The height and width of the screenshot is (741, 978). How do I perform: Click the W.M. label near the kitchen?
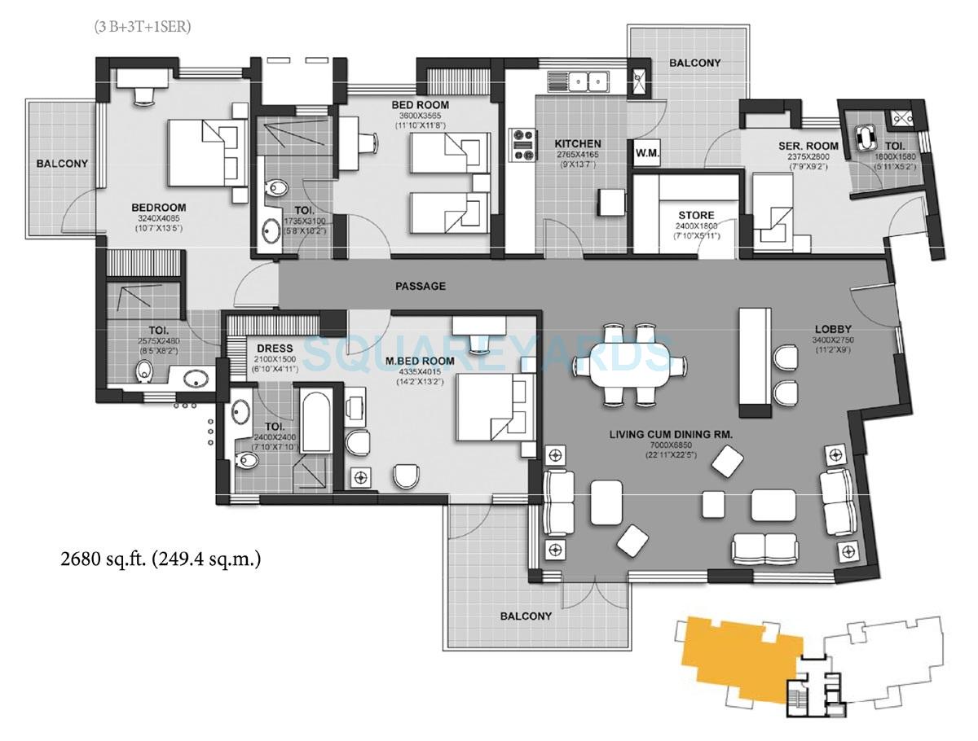pos(648,154)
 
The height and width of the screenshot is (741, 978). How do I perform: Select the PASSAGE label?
pos(420,286)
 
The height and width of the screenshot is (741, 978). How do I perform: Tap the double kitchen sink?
pos(588,81)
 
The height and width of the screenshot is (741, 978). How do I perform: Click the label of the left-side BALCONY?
pos(62,164)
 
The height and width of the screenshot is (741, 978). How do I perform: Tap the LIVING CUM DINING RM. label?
pos(671,436)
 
